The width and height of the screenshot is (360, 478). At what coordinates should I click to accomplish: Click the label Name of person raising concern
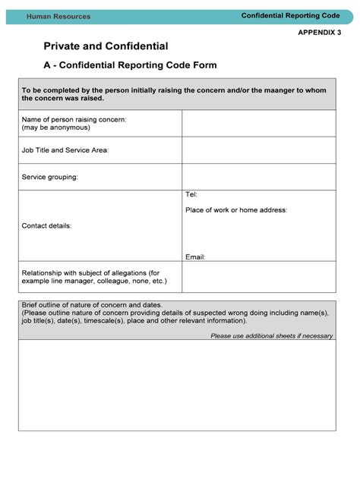pyautogui.click(x=74, y=120)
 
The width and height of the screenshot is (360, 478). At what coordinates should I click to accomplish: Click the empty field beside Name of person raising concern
pyautogui.click(x=258, y=124)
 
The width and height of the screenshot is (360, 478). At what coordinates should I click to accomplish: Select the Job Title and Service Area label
pyautogui.click(x=65, y=150)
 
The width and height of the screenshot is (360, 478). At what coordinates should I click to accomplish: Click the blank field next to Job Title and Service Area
pyautogui.click(x=258, y=150)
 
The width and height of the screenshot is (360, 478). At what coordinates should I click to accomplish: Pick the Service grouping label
pyautogui.click(x=50, y=177)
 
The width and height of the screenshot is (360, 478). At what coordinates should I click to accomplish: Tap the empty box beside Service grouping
pyautogui.click(x=258, y=177)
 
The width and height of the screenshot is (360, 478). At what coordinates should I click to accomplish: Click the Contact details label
pyautogui.click(x=47, y=225)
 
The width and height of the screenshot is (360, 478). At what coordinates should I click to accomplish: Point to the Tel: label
pyautogui.click(x=191, y=195)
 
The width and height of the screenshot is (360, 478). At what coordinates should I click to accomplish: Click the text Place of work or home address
pyautogui.click(x=236, y=209)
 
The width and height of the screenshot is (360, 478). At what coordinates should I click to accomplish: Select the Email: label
pyautogui.click(x=195, y=257)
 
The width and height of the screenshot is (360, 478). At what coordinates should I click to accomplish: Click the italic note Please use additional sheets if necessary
pyautogui.click(x=271, y=335)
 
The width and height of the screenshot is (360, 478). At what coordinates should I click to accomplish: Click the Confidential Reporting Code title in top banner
pyautogui.click(x=289, y=15)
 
